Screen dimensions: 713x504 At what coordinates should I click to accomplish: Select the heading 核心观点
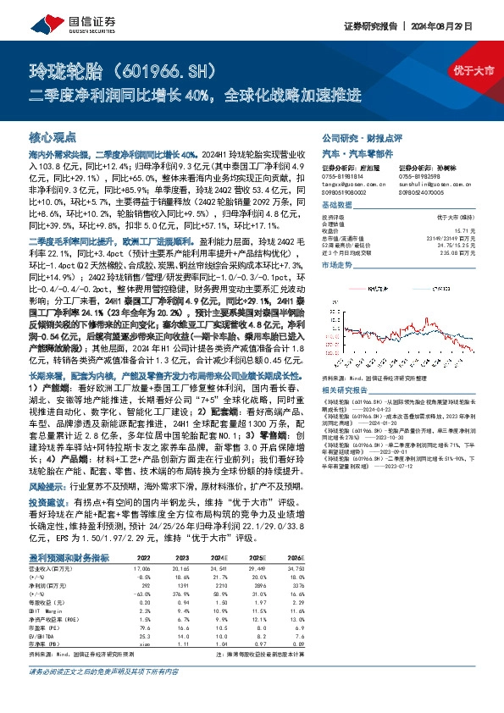click(x=53, y=136)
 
